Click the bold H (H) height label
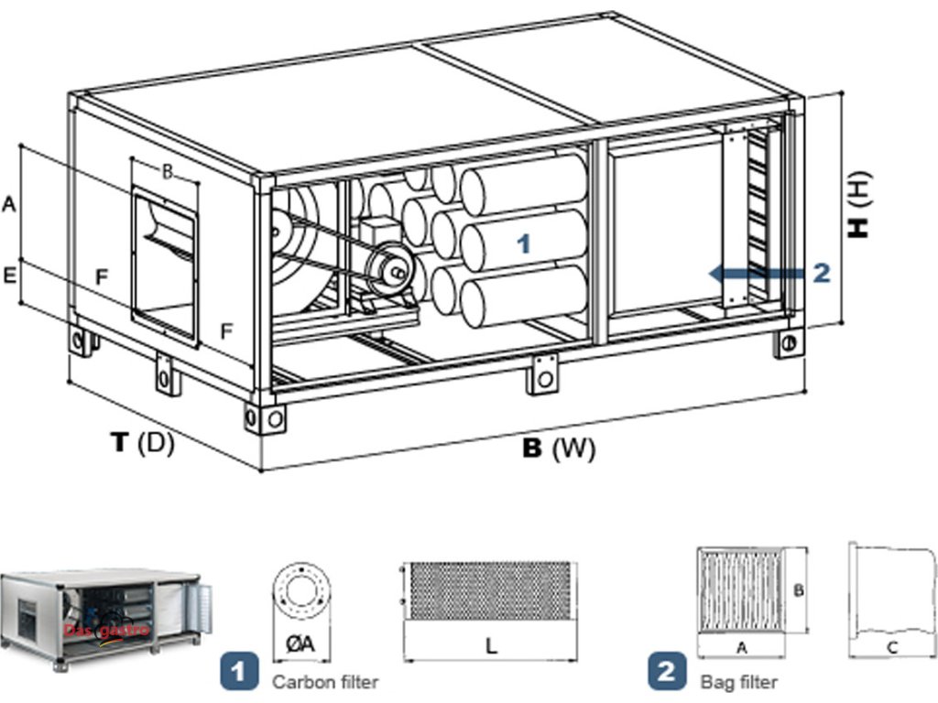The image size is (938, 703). pos(859,205)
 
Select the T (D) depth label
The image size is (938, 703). pos(143,442)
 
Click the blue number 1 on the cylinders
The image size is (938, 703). pos(524,243)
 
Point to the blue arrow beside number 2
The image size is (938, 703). pos(756,273)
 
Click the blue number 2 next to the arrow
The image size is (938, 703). pos(822,273)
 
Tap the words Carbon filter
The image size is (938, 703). pos(325,681)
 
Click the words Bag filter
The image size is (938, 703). pos(739,681)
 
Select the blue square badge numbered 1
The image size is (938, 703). pos(239,671)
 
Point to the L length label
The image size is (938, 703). pos(491,645)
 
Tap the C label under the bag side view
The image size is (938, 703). pos(891,647)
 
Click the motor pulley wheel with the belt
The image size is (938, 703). pos(391,270)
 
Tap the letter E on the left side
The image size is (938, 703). pos(9,276)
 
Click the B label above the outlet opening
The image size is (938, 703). pos(168,172)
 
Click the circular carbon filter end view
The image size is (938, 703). pos(300,591)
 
